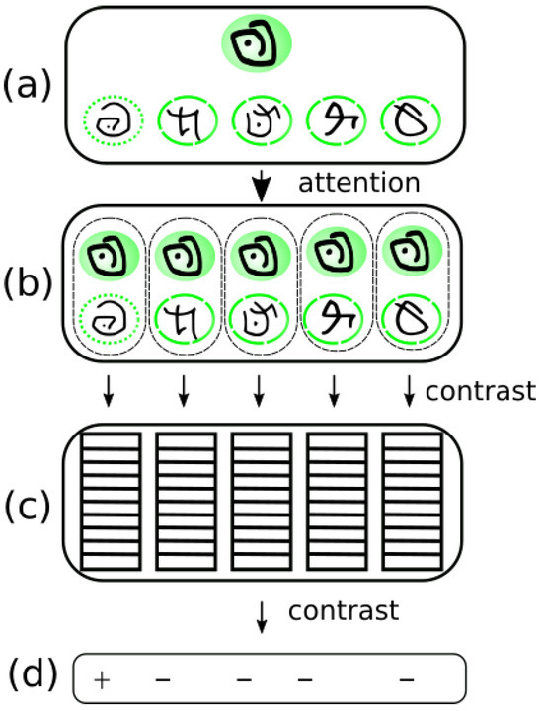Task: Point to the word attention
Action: (x=358, y=183)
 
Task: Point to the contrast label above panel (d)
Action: (x=343, y=611)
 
